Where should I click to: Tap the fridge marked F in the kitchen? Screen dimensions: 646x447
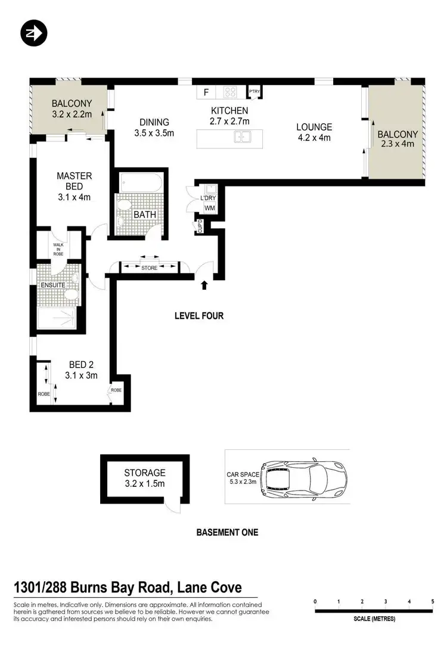[x=206, y=92]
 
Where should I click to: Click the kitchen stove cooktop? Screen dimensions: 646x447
[x=231, y=92]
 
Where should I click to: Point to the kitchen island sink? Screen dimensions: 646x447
[x=244, y=138]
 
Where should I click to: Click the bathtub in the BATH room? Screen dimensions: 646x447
[x=141, y=181]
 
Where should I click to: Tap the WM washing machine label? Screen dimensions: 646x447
[x=209, y=207]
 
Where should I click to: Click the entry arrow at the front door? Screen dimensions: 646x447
[x=204, y=285]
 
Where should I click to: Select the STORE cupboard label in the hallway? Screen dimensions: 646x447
[x=150, y=268]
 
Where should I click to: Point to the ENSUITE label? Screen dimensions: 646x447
[x=54, y=285]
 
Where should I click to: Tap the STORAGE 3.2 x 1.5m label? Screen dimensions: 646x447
[x=145, y=479]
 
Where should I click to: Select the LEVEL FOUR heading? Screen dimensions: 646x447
[x=199, y=316]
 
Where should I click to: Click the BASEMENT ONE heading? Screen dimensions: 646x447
[x=227, y=532]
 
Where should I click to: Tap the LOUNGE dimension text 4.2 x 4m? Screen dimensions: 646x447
[x=313, y=138]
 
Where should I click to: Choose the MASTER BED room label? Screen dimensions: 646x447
[x=74, y=181]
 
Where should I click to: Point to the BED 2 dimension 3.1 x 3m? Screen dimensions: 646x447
[x=81, y=375]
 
